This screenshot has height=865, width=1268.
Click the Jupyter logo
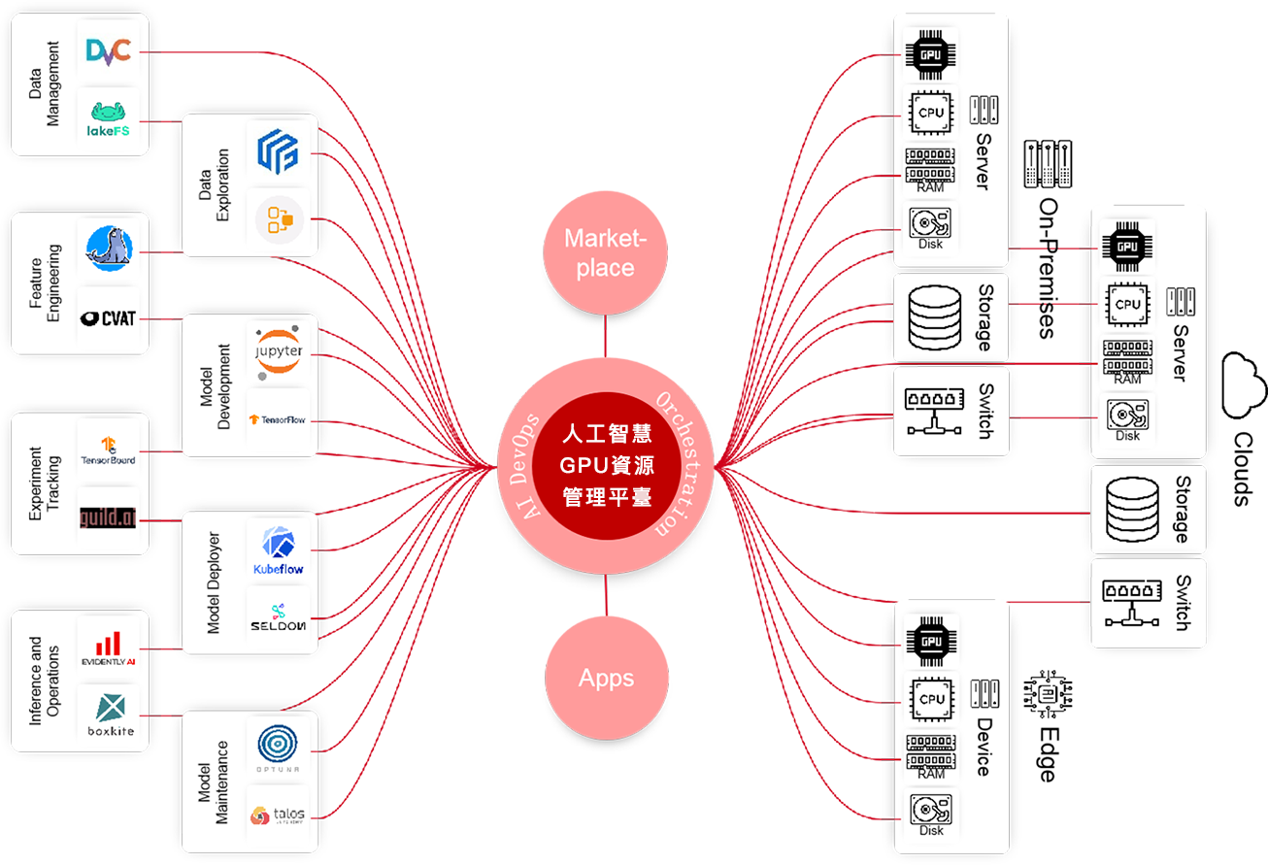(x=279, y=349)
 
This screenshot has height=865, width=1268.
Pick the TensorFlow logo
(x=278, y=419)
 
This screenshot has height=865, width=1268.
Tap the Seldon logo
(x=278, y=618)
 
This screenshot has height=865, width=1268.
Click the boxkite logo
(x=108, y=715)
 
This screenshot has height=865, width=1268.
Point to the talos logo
(x=278, y=815)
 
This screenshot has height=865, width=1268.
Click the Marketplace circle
(x=605, y=254)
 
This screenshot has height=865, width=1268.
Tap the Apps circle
(x=606, y=678)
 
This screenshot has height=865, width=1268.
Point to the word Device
(x=983, y=747)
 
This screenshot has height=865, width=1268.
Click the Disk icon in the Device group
(x=930, y=814)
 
